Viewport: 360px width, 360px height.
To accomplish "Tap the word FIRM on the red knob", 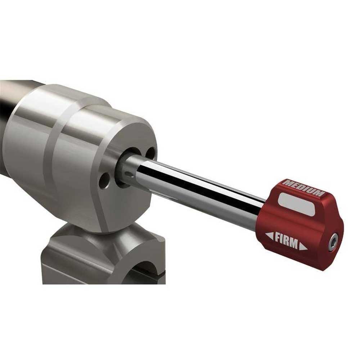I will pyautogui.click(x=287, y=241).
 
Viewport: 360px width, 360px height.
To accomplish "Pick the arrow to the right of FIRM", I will pyautogui.click(x=303, y=248).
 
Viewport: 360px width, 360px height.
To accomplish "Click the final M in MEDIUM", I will pyautogui.click(x=319, y=194).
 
